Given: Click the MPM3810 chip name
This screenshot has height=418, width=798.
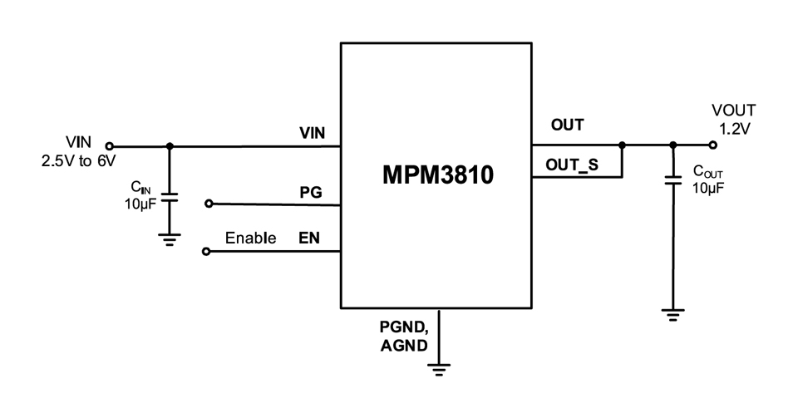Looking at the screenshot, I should [436, 176].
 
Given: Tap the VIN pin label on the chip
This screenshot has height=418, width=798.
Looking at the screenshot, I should [313, 133].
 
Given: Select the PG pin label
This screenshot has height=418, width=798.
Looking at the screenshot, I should [310, 192].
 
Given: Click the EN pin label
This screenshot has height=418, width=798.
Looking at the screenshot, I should [309, 239].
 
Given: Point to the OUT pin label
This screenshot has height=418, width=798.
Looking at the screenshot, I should [567, 126].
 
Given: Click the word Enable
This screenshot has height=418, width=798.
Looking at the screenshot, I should [250, 239].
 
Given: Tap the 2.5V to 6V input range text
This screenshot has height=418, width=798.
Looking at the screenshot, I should [79, 161].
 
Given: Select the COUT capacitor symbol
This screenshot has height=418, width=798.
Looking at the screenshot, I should [673, 181].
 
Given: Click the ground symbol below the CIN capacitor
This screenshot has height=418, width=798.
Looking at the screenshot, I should [170, 240].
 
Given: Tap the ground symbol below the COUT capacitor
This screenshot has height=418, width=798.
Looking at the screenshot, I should [673, 315].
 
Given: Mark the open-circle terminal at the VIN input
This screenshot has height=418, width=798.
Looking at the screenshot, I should [110, 146].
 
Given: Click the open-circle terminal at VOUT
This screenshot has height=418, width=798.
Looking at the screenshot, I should [712, 145].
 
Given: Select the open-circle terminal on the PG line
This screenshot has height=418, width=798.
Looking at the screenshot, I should [209, 203].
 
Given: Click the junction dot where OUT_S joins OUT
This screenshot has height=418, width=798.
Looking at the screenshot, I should [622, 145].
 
